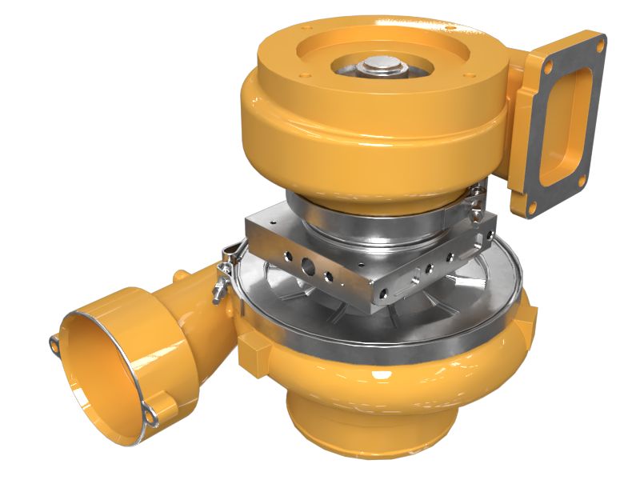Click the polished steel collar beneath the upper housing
tap(368, 216)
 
